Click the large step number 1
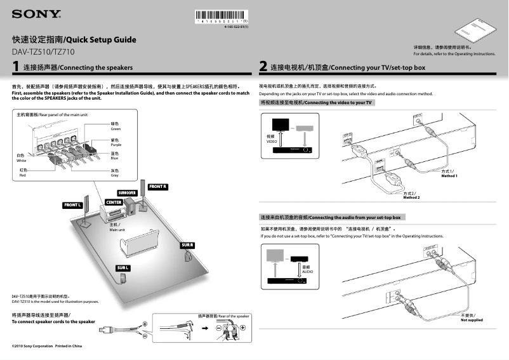(15, 66)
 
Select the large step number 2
(263, 67)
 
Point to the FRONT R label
(157, 187)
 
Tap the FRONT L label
(72, 205)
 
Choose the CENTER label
(114, 202)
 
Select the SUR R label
(187, 245)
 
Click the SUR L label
(123, 268)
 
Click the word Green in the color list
(116, 129)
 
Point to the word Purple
(116, 145)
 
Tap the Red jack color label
(22, 175)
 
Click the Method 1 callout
(449, 175)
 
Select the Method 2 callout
(411, 197)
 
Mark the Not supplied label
(471, 320)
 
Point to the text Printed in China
(69, 346)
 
